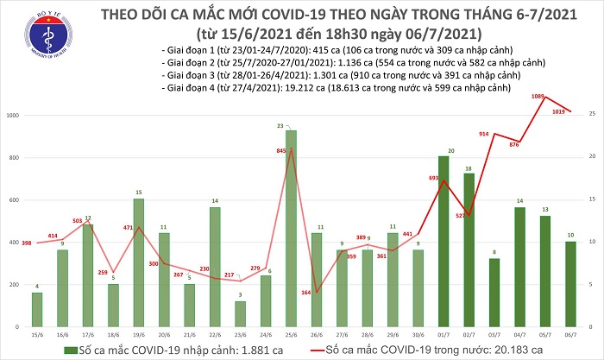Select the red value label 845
(280, 151)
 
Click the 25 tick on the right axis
(594, 114)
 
